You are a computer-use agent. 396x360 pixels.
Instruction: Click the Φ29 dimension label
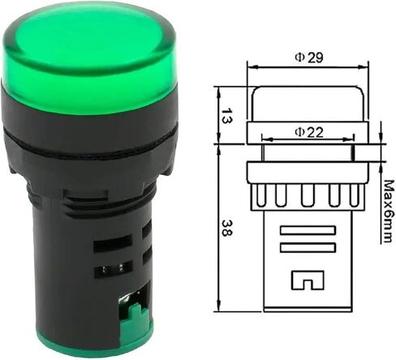click(309, 58)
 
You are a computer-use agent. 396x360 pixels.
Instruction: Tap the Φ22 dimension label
click(309, 132)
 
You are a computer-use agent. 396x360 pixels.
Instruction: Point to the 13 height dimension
click(226, 116)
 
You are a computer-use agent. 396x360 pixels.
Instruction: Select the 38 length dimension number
click(226, 228)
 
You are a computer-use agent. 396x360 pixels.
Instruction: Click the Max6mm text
click(389, 212)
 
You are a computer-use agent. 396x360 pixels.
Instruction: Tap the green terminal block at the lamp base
click(136, 315)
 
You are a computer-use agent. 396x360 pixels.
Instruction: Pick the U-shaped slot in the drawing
click(308, 280)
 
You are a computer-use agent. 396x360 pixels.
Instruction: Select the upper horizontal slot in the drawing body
click(308, 230)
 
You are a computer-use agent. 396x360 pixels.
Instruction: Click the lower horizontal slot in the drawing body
click(308, 248)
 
